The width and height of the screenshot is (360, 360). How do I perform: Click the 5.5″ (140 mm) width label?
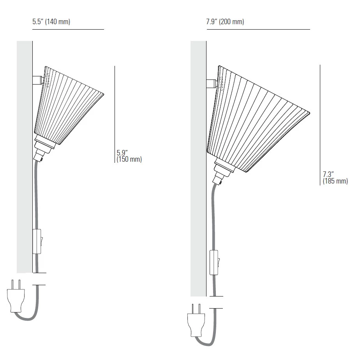[51, 21]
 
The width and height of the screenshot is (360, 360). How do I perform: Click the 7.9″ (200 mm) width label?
[225, 21]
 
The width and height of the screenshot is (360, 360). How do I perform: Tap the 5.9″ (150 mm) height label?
[129, 156]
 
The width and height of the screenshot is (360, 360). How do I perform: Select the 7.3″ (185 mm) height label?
[335, 178]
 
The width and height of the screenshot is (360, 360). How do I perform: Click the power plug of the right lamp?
[196, 320]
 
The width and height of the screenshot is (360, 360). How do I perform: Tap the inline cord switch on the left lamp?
[37, 242]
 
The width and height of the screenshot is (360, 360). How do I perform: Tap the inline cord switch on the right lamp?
[214, 263]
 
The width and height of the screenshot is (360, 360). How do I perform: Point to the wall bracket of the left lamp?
[37, 80]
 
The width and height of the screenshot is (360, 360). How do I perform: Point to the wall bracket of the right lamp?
[211, 83]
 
